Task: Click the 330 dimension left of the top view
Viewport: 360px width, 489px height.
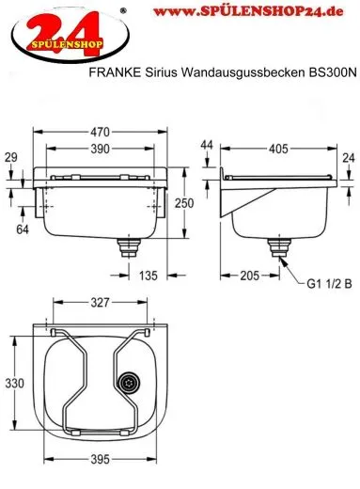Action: coord(13,384)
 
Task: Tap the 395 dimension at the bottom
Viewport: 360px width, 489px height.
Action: coord(101,460)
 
